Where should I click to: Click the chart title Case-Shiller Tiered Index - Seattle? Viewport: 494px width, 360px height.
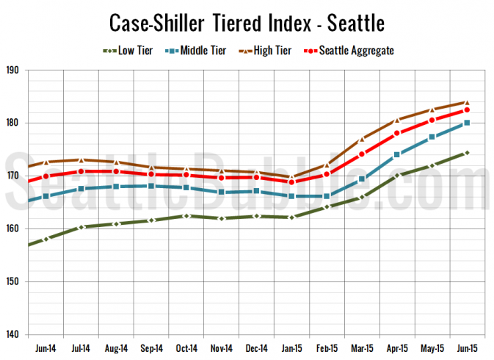(247, 22)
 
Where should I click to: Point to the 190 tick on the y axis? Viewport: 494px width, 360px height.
(14, 71)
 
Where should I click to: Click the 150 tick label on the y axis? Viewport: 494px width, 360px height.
(14, 282)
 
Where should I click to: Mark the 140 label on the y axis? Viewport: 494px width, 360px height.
(14, 335)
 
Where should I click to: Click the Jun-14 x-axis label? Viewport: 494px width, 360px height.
(46, 346)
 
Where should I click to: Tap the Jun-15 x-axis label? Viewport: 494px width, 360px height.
(466, 346)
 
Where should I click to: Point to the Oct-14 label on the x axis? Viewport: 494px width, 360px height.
(186, 346)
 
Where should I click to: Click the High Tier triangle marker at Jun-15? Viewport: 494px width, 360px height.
(466, 103)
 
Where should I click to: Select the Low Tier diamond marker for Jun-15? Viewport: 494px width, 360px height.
(466, 153)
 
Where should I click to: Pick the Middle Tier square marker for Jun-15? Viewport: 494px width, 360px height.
(466, 123)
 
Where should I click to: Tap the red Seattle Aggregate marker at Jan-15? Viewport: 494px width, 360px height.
(291, 181)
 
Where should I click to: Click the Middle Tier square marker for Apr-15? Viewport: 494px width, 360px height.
(396, 154)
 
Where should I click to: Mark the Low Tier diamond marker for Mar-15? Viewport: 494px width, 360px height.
(361, 198)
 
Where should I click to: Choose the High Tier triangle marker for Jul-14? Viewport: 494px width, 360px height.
(81, 160)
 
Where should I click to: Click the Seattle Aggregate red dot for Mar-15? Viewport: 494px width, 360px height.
(361, 154)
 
